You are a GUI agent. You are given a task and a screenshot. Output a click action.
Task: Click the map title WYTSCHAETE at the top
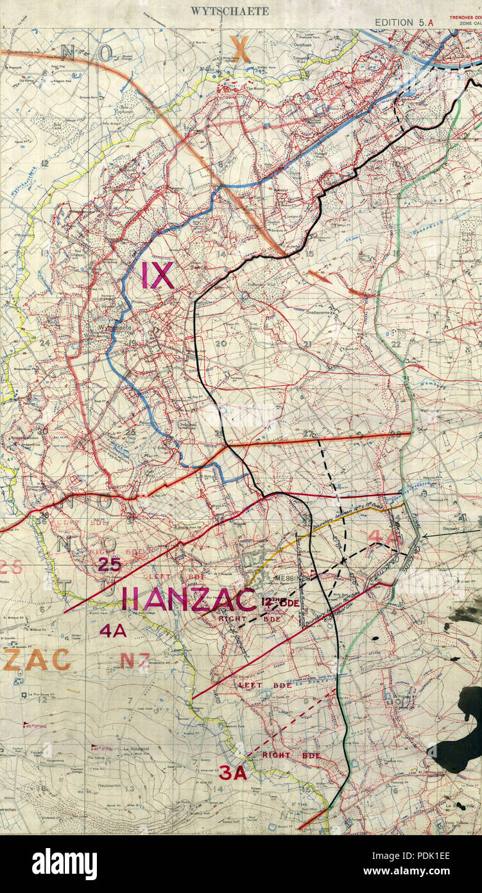229,11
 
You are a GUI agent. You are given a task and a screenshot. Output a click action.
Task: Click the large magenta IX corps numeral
157,275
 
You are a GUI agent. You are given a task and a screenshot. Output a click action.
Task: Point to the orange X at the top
240,49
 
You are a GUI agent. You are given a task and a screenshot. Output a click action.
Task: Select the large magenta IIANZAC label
189,599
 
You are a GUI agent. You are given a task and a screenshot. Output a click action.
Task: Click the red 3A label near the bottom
232,773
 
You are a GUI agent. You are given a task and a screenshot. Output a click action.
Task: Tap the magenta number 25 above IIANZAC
110,565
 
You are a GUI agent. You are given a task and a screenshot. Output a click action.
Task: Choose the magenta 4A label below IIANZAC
112,631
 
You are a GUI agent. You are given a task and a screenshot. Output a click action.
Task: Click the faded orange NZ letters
135,660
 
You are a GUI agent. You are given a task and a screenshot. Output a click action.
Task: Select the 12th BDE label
280,602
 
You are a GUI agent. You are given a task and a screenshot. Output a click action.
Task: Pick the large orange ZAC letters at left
37,659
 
